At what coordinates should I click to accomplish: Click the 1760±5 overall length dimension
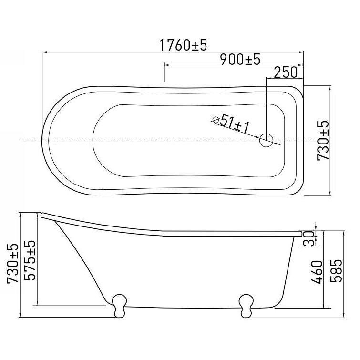pos(183,45)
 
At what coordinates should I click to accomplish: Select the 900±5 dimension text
pos(240,59)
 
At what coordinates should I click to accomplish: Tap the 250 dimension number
pos(286,72)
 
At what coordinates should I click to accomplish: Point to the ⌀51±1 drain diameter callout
pos(231,124)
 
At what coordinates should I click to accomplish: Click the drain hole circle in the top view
pos(266,140)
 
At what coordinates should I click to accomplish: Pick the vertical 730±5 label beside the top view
pos(323,141)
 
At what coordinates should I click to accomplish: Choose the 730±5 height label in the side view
pos(12,264)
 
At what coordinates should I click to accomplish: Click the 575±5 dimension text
pos(30,260)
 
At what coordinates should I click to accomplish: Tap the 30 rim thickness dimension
pos(309,239)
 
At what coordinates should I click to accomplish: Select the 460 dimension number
pos(317,272)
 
